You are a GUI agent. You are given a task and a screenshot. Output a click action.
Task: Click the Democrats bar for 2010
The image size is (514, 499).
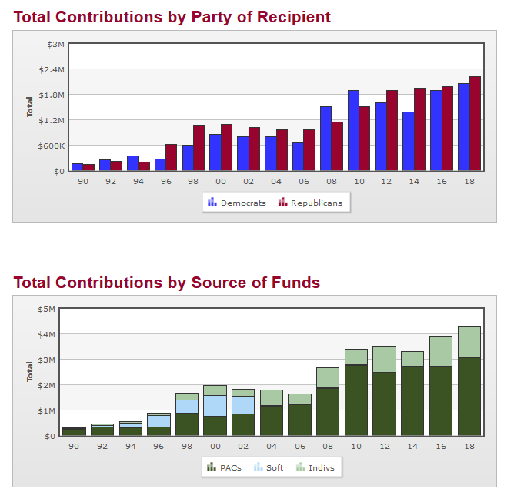point(353,130)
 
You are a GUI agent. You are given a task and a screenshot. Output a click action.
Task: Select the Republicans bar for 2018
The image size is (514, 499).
point(475,123)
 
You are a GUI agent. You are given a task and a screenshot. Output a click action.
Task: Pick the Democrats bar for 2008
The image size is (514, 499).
point(325,139)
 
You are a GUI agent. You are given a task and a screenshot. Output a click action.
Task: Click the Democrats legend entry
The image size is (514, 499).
point(237,203)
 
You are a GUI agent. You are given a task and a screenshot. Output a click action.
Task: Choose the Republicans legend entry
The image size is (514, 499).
point(310,203)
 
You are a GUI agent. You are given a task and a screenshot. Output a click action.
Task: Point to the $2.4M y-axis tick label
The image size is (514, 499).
point(52,69)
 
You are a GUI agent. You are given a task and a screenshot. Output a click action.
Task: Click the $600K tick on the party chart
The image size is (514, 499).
point(51,146)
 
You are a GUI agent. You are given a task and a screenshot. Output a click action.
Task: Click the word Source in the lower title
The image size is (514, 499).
point(207,283)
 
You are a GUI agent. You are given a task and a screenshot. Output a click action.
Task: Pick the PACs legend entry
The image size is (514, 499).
point(224,467)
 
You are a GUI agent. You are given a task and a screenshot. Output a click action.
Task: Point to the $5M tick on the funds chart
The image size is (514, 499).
point(46,309)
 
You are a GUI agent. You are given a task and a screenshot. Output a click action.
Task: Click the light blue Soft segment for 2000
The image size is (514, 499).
point(215,406)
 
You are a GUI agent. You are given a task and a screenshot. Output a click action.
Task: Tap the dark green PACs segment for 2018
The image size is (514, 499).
point(469,396)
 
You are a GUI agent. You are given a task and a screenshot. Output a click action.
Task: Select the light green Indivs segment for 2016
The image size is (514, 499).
point(441,351)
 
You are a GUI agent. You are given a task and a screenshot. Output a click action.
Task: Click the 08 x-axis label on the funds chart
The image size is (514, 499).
point(328,446)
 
